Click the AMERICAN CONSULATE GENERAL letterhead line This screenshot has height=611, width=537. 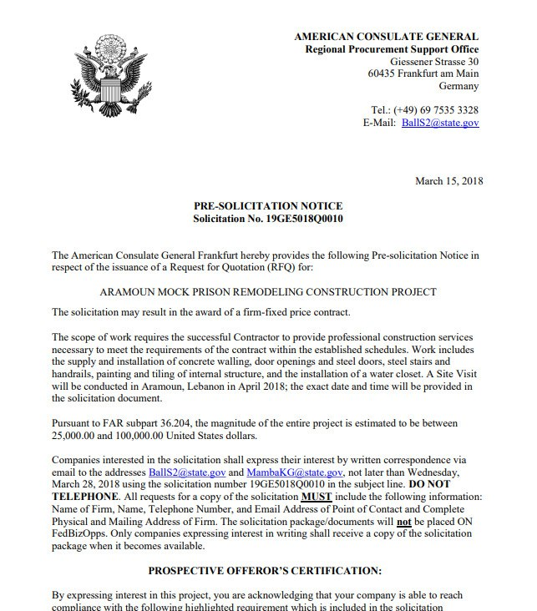(x=387, y=37)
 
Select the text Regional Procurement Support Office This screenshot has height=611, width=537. (x=392, y=49)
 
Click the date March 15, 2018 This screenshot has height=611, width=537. (x=448, y=181)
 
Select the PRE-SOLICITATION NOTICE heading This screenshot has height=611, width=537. (x=268, y=206)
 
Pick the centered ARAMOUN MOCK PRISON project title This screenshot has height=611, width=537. (x=268, y=292)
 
